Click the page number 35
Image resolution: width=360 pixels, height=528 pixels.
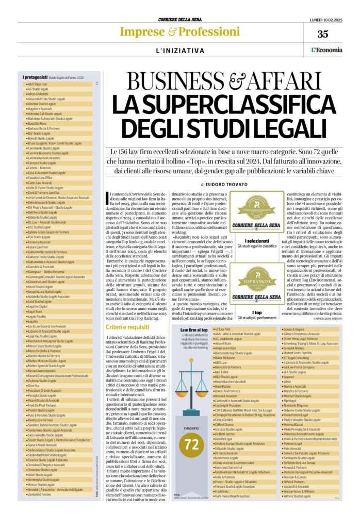click(x=322, y=34)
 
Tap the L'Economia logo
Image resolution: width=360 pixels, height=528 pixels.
click(x=326, y=49)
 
